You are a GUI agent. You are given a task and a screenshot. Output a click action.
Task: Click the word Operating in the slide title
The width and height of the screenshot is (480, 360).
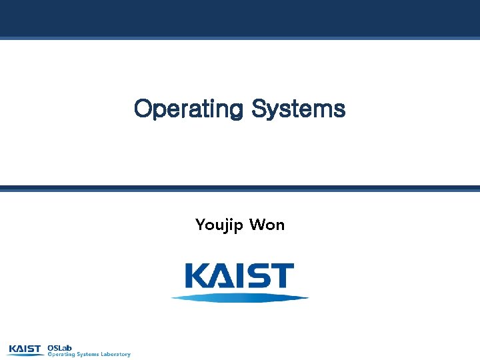click(x=189, y=109)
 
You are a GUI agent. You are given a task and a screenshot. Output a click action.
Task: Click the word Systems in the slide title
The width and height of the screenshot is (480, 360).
click(x=299, y=109)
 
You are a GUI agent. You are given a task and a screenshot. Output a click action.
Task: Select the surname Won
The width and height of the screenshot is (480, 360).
click(x=267, y=225)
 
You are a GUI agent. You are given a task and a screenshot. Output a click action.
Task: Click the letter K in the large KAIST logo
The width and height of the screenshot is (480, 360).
click(x=197, y=276)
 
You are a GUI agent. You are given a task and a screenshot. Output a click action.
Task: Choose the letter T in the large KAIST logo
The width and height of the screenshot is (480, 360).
click(x=283, y=276)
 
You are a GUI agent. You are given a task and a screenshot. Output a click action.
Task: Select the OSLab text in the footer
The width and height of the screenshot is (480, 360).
click(x=59, y=347)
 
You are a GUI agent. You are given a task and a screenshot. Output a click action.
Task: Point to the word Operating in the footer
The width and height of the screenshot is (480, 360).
click(x=61, y=355)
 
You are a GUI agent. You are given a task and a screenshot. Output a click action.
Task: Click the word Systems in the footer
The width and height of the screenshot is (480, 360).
click(x=88, y=355)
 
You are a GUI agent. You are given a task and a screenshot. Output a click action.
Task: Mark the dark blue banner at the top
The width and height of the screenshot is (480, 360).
click(x=240, y=18)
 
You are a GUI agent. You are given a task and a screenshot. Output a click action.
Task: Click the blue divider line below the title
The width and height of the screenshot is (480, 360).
click(x=240, y=189)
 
